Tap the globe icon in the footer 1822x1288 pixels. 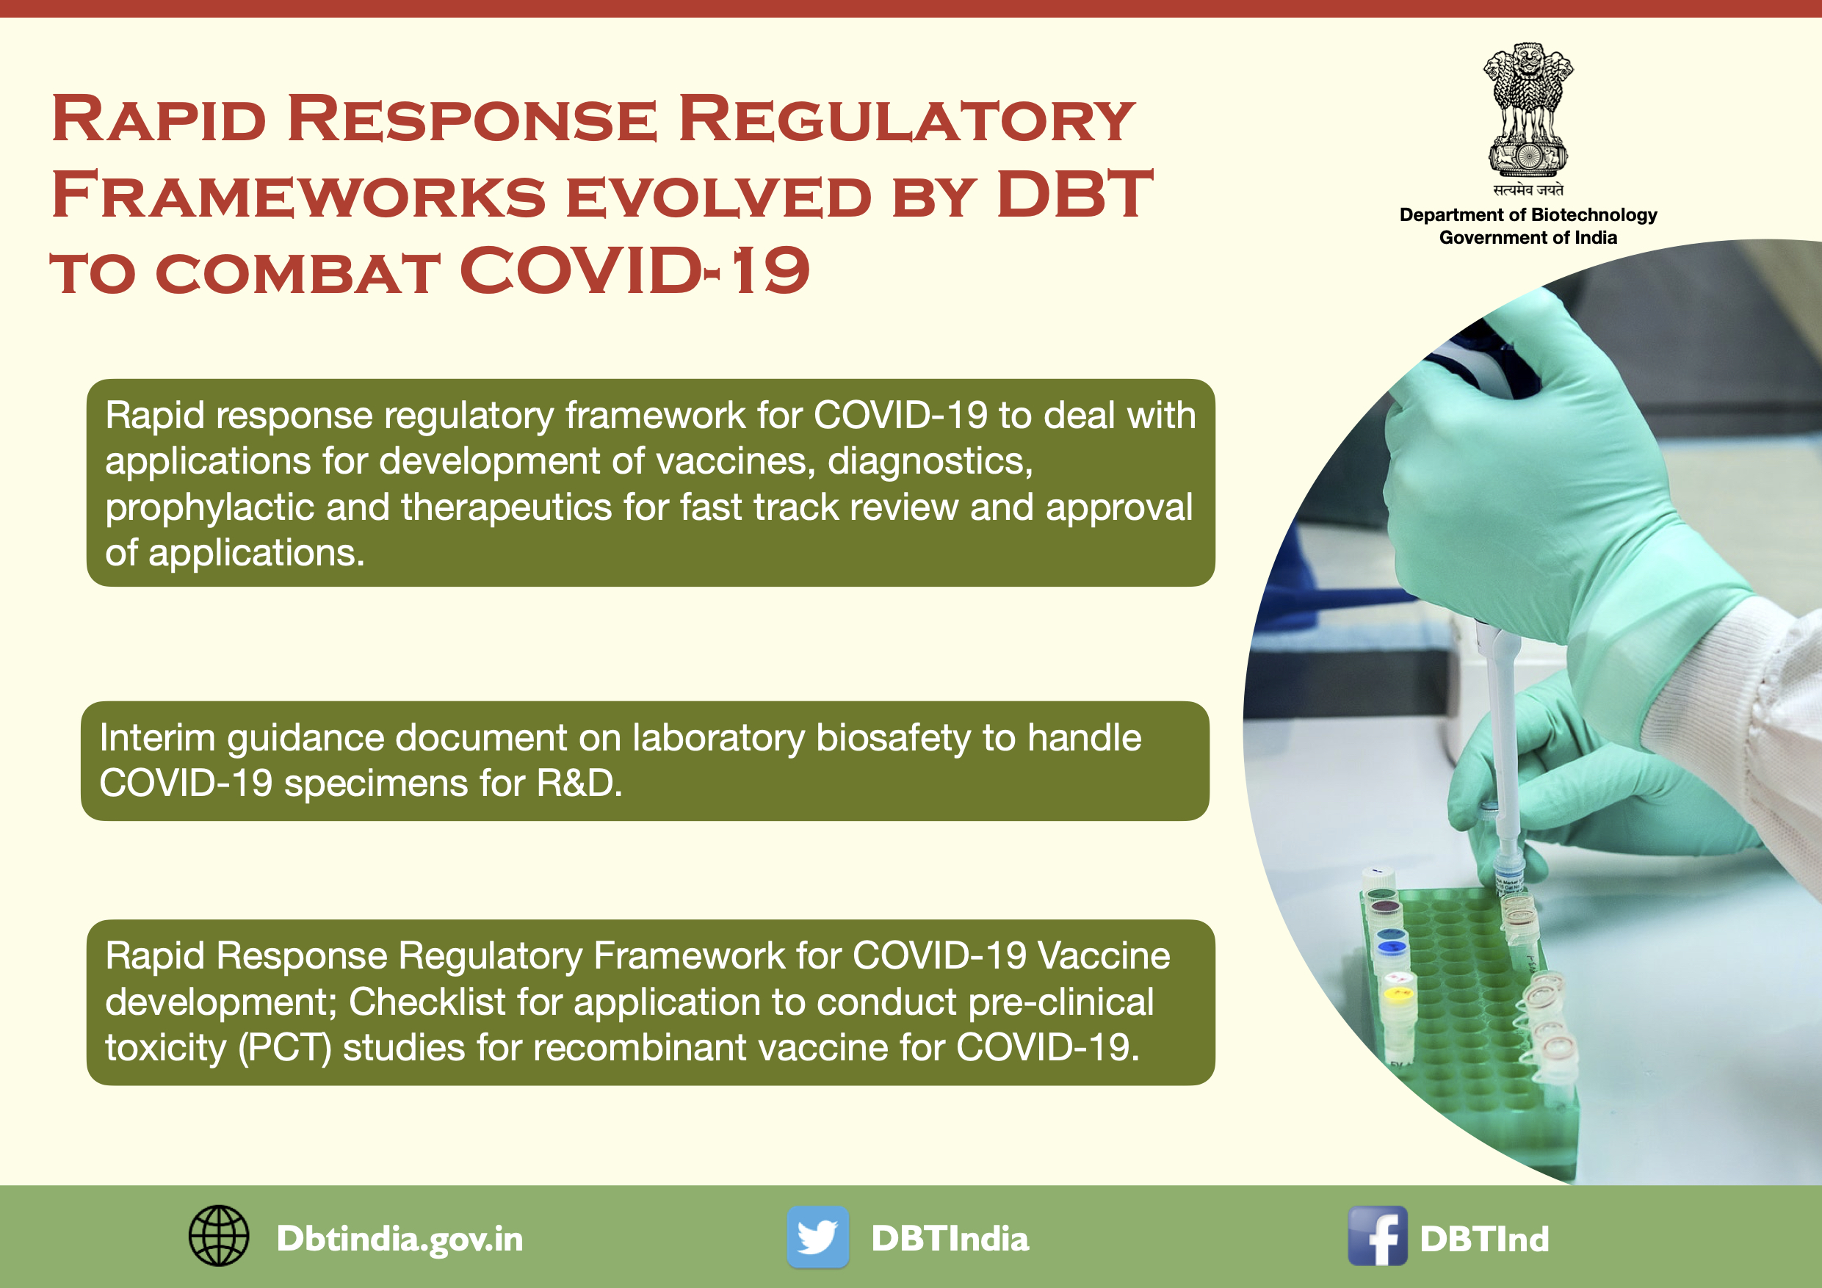(x=218, y=1237)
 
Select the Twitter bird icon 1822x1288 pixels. (x=817, y=1237)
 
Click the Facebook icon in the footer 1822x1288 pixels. (x=1377, y=1237)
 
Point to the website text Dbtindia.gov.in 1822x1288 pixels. (x=400, y=1239)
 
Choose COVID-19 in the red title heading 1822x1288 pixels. (x=634, y=271)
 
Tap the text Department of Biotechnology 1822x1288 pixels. (x=1528, y=215)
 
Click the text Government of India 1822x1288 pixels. (x=1528, y=237)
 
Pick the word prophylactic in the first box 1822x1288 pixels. (x=209, y=508)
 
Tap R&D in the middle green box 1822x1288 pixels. (x=579, y=784)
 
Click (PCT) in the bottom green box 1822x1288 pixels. (x=284, y=1049)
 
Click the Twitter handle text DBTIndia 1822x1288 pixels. (x=950, y=1239)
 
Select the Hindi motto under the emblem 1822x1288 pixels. (x=1528, y=189)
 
